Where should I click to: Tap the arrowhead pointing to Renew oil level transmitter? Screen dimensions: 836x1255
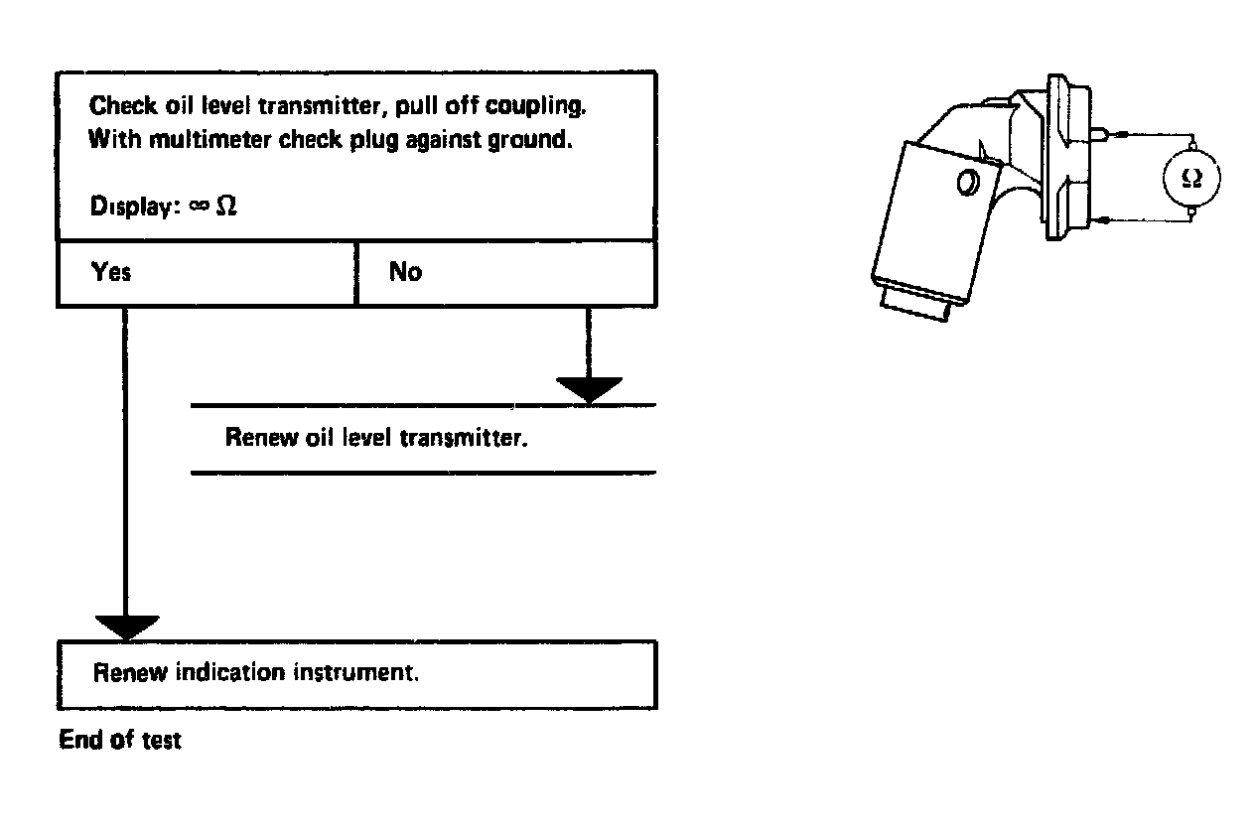tap(589, 389)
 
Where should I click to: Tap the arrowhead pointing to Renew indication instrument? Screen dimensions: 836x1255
tap(126, 627)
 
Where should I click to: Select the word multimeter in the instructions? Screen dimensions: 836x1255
tap(200, 139)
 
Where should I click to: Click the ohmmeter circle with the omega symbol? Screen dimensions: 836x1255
tap(1191, 178)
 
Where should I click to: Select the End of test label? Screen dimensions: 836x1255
tap(120, 740)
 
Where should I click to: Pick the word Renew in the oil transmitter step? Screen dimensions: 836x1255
tap(261, 438)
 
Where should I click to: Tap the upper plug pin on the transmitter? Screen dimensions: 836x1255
tap(1101, 131)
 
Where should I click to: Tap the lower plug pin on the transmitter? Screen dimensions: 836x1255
tap(1101, 219)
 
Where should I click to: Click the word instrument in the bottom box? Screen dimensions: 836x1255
tap(355, 672)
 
